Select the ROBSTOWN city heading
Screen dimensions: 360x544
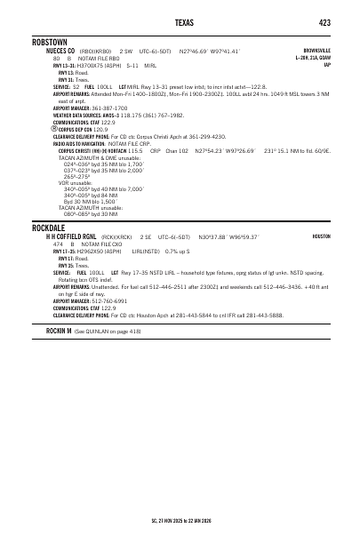pyautogui.click(x=51, y=42)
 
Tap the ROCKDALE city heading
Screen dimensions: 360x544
pyautogui.click(x=50, y=228)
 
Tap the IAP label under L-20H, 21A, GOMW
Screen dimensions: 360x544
pyautogui.click(x=327, y=65)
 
